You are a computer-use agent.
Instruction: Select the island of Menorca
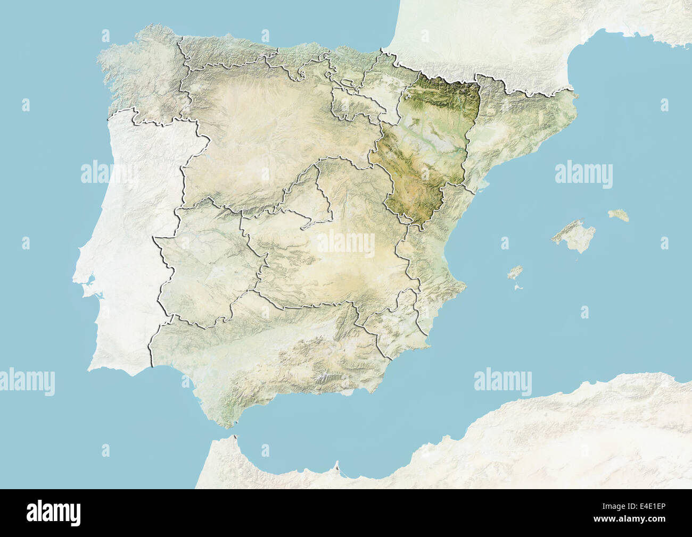(619, 215)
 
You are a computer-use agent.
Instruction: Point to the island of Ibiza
(515, 273)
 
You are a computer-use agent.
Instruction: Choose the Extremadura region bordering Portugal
(208, 266)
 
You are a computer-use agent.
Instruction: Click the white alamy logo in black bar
(54, 513)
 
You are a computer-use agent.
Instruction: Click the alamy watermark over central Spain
(346, 244)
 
